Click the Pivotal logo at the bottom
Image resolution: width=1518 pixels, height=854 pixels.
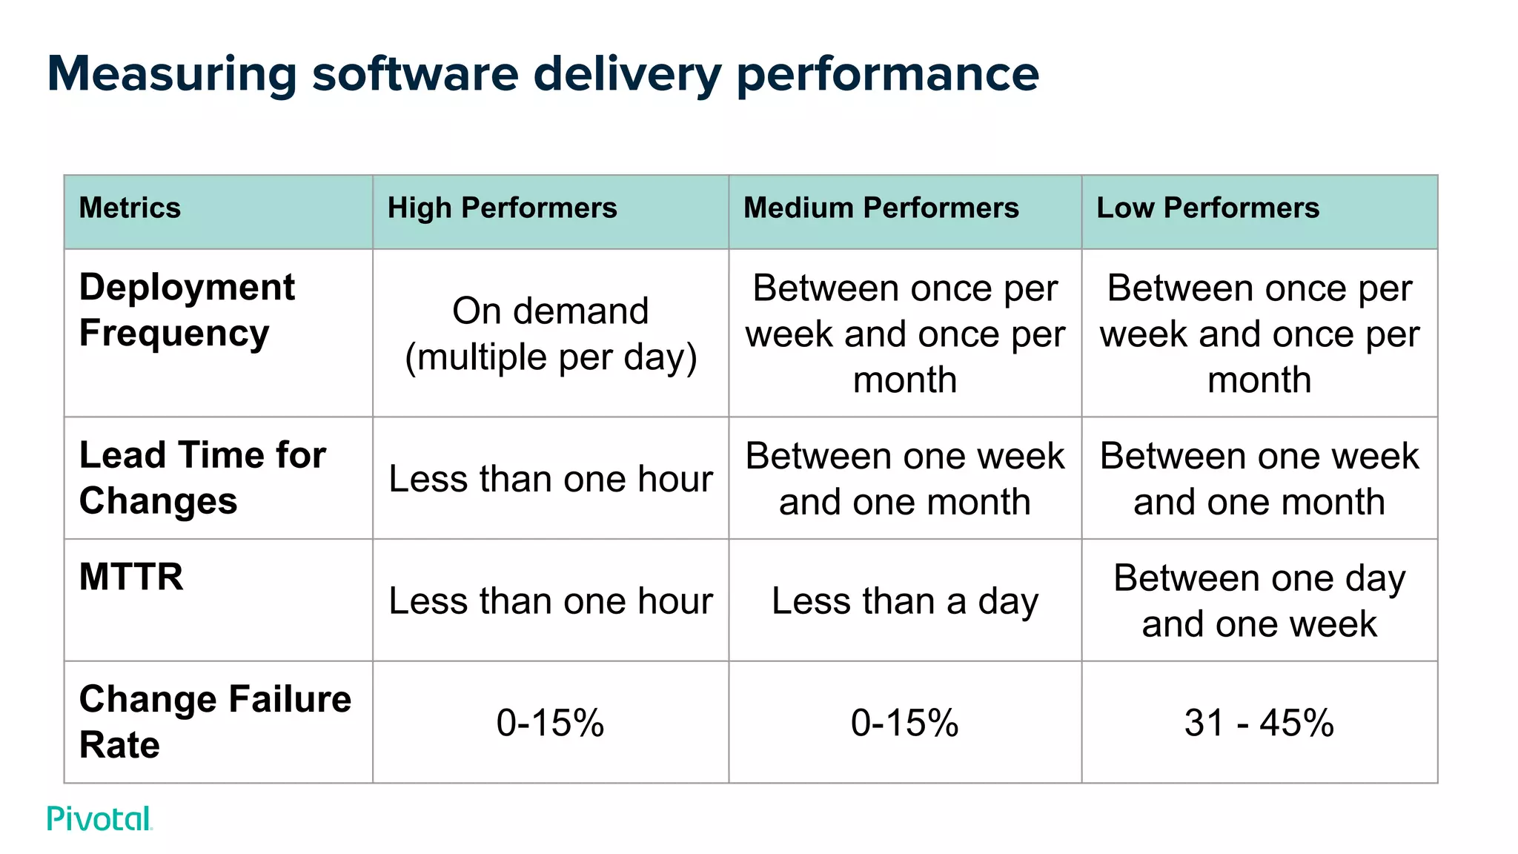tap(99, 818)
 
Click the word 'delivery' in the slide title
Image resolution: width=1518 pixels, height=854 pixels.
tap(627, 74)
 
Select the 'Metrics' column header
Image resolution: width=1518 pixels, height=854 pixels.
tap(130, 208)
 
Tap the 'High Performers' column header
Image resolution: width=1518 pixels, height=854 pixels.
tap(502, 208)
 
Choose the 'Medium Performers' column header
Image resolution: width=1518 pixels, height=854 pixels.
tap(881, 208)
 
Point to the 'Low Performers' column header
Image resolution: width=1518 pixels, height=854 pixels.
tap(1207, 208)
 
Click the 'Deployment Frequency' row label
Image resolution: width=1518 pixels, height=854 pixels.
tap(187, 310)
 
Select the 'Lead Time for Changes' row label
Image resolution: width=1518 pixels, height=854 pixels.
tap(202, 478)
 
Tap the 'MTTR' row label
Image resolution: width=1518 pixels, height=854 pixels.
tap(131, 577)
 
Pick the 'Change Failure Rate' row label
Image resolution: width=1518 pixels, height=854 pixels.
tap(215, 721)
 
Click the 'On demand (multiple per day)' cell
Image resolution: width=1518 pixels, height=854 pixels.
tap(550, 334)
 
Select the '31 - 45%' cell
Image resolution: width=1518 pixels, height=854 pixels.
tap(1259, 723)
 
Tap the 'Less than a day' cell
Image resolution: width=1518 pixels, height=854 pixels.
tap(904, 600)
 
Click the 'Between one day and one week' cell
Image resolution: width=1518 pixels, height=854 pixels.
tap(1259, 600)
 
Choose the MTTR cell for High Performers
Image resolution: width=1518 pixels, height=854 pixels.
tap(550, 600)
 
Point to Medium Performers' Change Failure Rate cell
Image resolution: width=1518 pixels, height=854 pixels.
tap(904, 723)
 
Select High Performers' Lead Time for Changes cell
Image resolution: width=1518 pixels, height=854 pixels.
tap(550, 479)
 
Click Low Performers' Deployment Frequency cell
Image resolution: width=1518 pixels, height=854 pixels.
tap(1259, 334)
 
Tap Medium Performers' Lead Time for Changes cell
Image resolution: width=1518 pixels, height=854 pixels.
tap(904, 479)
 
